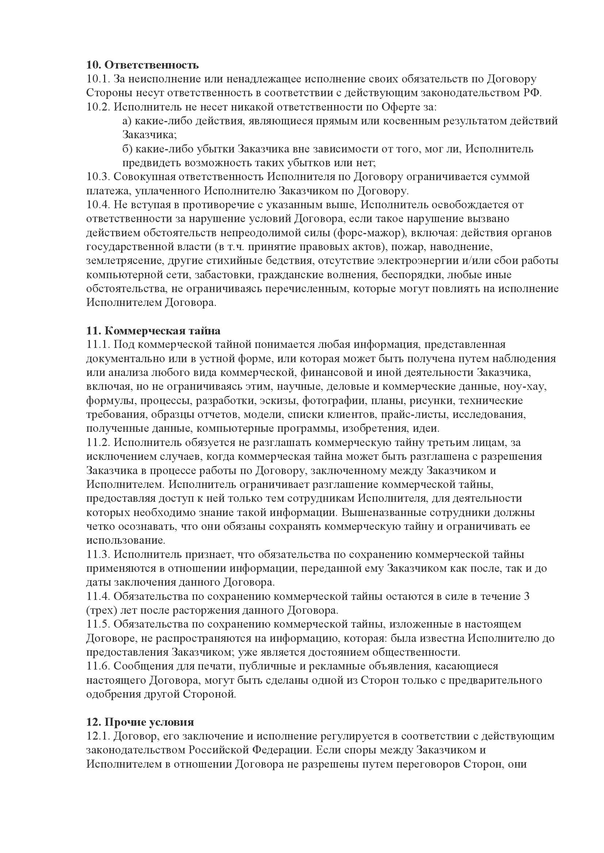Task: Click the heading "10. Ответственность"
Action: (x=142, y=65)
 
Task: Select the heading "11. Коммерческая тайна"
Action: (x=153, y=331)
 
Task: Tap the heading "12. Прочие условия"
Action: (x=140, y=722)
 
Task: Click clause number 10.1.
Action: (x=98, y=79)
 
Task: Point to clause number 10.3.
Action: (x=98, y=177)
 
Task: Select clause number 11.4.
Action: (x=98, y=596)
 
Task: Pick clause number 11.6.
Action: (x=98, y=666)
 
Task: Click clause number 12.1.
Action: (x=98, y=736)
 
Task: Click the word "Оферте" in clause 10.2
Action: (x=403, y=107)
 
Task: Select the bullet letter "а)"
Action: (x=127, y=121)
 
